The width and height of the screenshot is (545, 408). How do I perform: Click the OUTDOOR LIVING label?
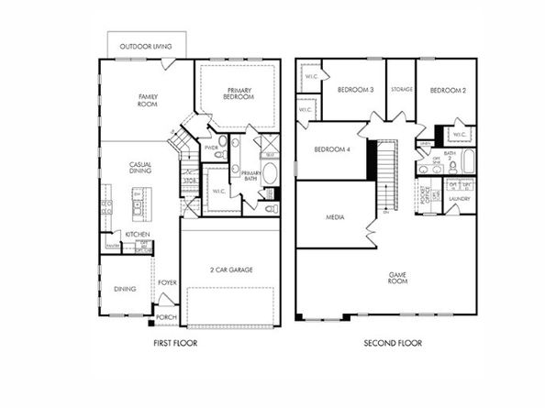point(147,44)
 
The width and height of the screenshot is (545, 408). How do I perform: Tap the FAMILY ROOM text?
point(149,99)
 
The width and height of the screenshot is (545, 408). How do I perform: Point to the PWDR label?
point(211,147)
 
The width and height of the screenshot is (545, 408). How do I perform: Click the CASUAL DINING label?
point(139,168)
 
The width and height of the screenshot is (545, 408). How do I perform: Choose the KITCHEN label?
point(137,235)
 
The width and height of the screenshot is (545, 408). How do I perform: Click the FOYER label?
point(167,282)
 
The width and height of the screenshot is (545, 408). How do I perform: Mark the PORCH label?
point(166,317)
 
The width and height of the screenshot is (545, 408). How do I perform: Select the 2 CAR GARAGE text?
point(231,270)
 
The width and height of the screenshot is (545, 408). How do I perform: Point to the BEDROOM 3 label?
point(355,90)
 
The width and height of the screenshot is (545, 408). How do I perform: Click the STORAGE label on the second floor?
point(401,90)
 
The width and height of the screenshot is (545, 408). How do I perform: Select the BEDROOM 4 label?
point(332,150)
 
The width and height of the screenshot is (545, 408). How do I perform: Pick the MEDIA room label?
point(335,217)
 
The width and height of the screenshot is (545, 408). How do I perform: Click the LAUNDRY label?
point(461,198)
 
